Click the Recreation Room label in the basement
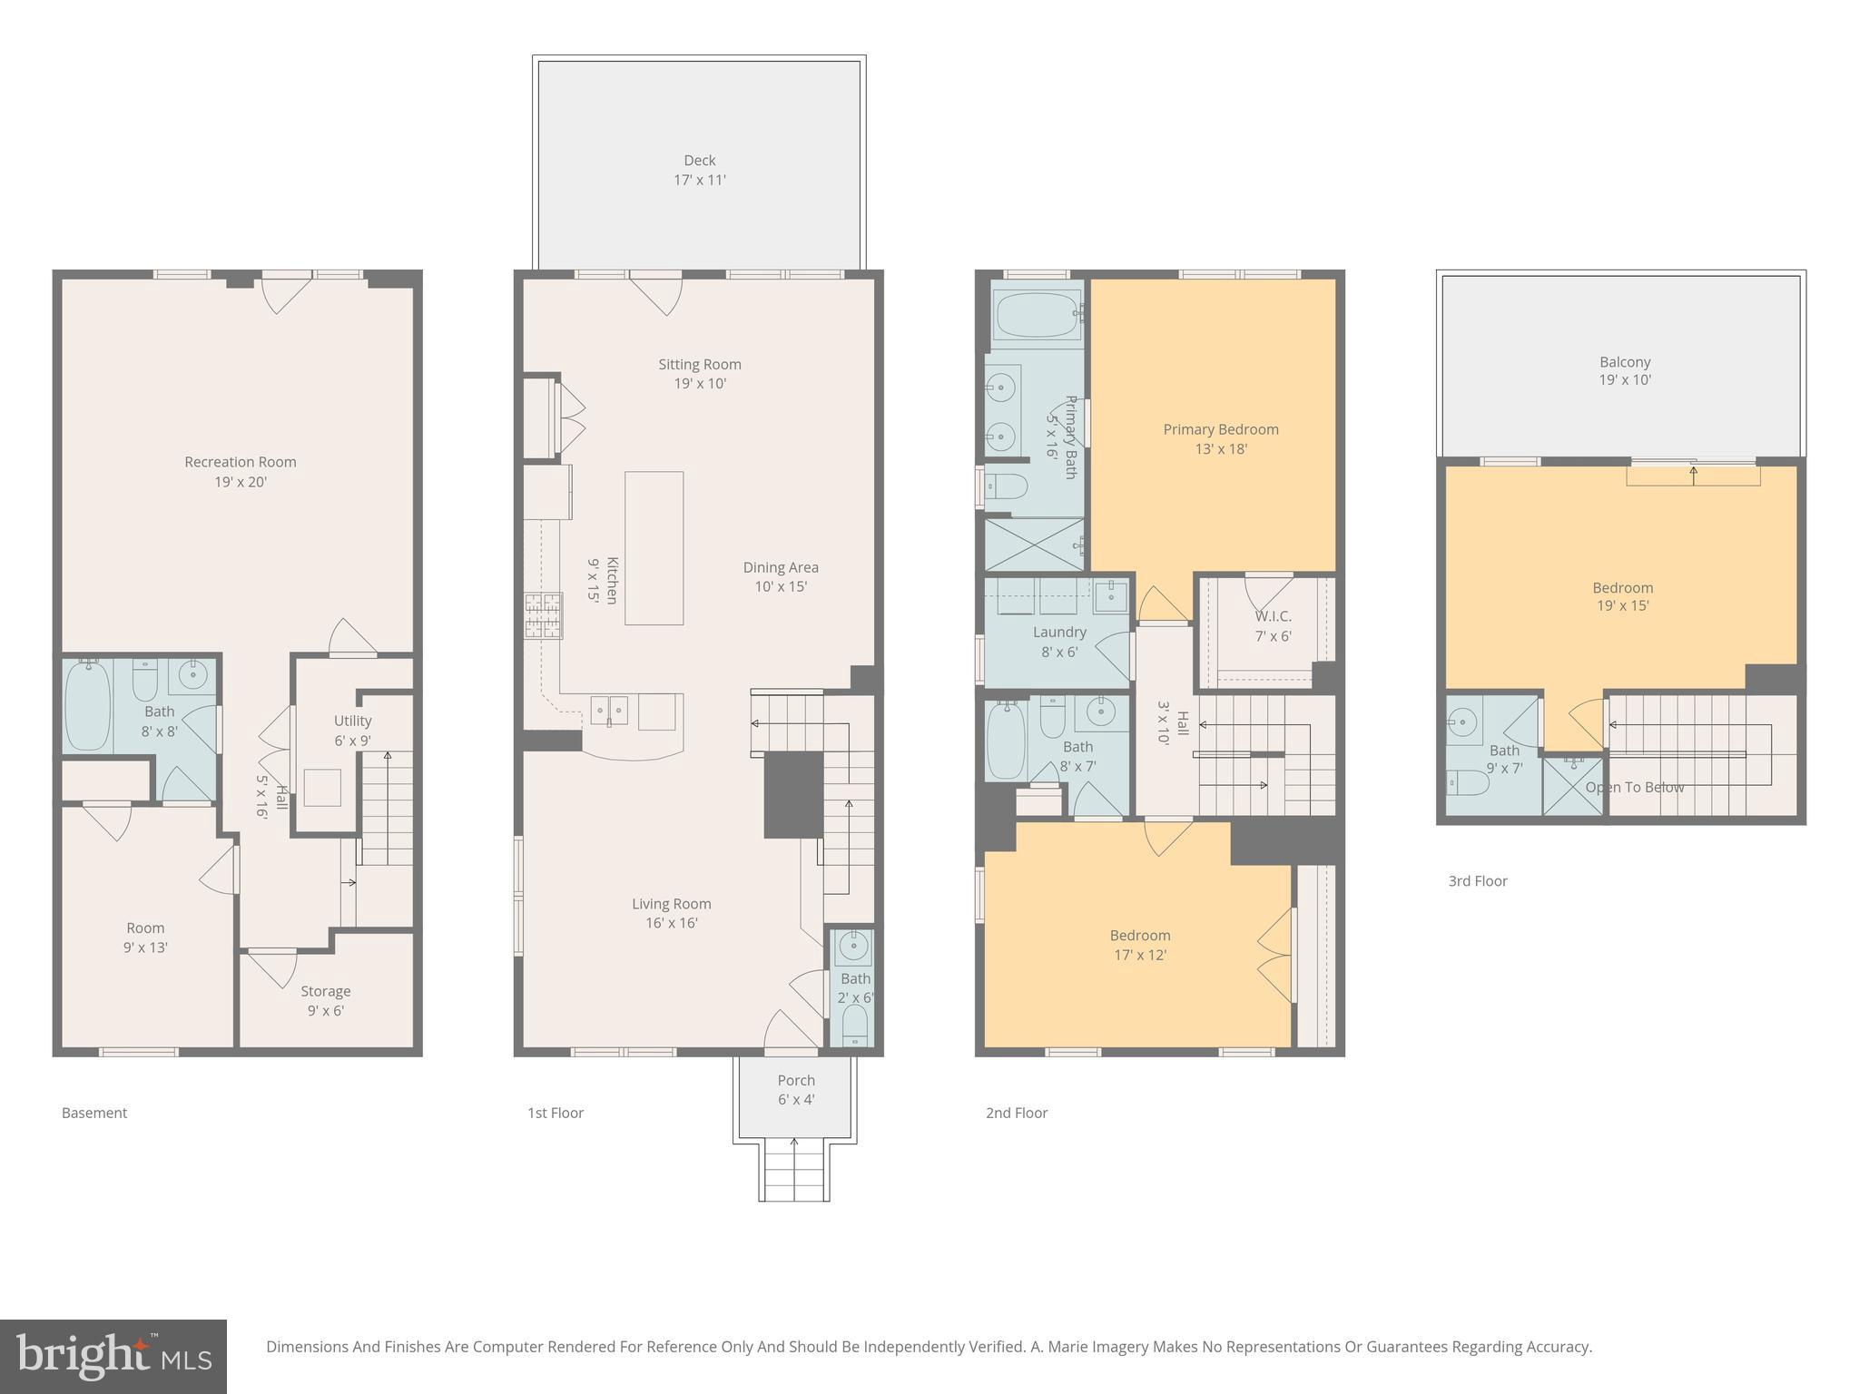pos(241,471)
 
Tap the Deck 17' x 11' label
pos(699,170)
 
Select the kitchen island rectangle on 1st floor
pos(654,548)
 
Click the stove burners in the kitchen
pos(543,616)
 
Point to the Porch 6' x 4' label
pos(796,1089)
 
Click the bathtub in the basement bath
pos(87,705)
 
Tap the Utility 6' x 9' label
pos(352,730)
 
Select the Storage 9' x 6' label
pos(325,1000)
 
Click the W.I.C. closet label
pos(1273,625)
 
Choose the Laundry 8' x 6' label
pos(1059,641)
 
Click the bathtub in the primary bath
pos(1036,315)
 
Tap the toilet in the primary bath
pos(1007,487)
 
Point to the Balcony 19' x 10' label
pos(1624,370)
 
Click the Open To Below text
pos(1634,787)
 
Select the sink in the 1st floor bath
pos(853,947)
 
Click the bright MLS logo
pos(113,1356)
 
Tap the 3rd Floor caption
pos(1477,880)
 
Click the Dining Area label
pos(780,576)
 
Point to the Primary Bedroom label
pos(1220,438)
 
